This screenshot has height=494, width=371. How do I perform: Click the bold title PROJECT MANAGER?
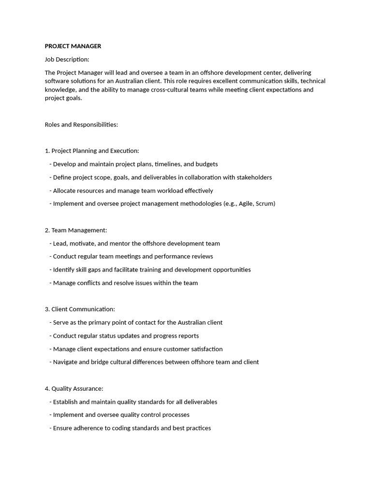(73, 46)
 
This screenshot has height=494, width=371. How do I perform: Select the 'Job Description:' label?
(67, 59)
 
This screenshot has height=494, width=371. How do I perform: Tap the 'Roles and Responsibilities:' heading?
(81, 124)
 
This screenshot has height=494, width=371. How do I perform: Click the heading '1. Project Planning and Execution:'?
(92, 151)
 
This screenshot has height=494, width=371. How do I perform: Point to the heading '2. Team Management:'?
(76, 230)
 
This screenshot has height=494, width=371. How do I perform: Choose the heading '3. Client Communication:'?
(80, 309)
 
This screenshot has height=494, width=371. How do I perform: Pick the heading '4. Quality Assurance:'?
(74, 388)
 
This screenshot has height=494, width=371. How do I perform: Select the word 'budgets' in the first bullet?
(206, 164)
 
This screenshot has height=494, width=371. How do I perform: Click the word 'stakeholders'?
(254, 178)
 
